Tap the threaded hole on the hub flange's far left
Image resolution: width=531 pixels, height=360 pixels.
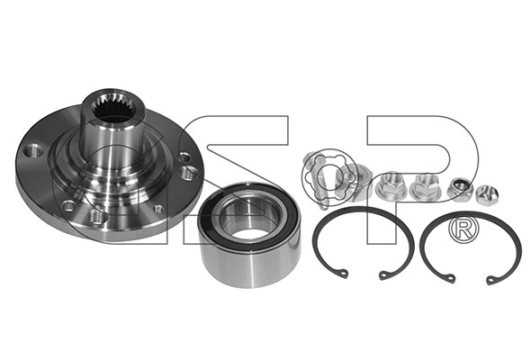coord(34,150)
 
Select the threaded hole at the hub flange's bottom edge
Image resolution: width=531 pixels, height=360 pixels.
coord(96,217)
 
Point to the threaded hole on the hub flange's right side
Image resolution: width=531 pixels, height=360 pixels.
coord(187,173)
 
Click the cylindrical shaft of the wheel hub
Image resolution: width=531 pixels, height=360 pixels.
coord(113,142)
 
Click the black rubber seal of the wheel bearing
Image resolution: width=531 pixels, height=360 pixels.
coord(248,217)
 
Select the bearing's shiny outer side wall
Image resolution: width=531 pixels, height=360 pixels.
coord(249,265)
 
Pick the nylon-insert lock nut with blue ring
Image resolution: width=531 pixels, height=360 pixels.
coord(459,189)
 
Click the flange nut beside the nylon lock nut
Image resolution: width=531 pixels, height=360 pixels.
coord(427,187)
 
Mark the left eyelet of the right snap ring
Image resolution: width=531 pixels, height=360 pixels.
coord(450,277)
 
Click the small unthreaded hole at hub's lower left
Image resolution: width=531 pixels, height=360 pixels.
coord(68,205)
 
